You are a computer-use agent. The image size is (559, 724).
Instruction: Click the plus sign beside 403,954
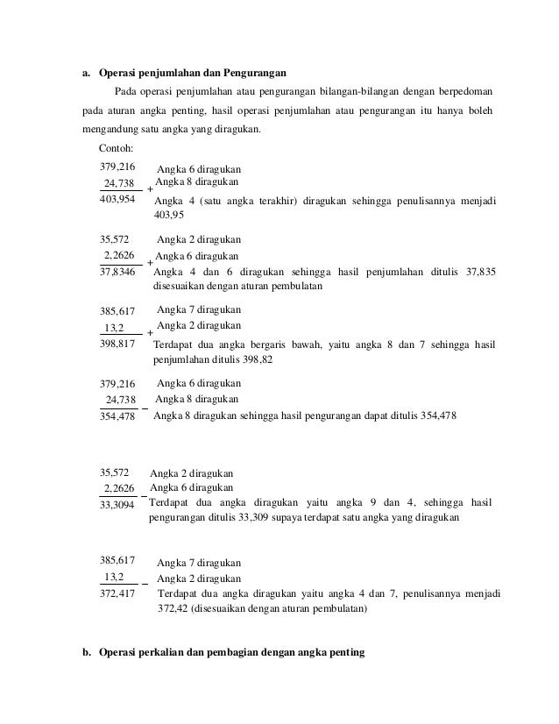coord(150,189)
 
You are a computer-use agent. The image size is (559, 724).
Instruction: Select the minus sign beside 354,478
coord(145,406)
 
